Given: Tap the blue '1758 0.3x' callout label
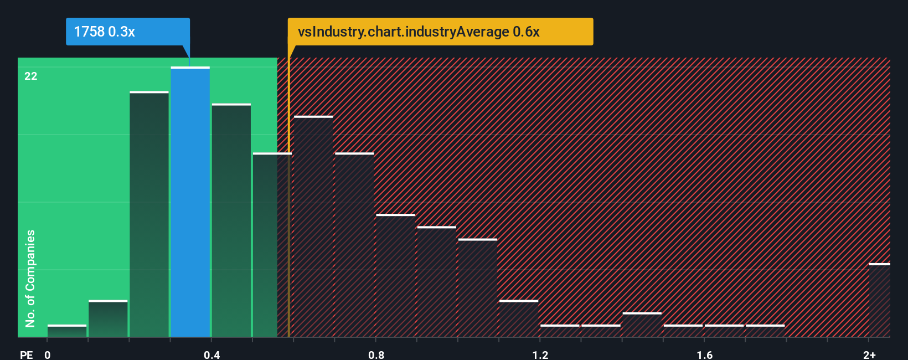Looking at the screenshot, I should click(127, 32).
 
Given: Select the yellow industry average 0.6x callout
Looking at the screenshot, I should click(440, 32).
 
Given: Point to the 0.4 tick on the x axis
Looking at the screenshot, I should click(211, 354).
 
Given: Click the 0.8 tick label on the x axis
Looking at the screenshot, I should click(376, 354).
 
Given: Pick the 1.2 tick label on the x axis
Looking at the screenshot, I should click(540, 354).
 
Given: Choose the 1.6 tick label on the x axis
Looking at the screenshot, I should click(704, 354).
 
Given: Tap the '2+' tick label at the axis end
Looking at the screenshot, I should click(869, 354).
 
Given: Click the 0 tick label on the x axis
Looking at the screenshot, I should click(48, 354).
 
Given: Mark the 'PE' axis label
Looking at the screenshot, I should click(27, 354).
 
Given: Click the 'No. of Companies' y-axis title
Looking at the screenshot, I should click(30, 278).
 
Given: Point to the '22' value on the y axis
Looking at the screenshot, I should click(31, 76).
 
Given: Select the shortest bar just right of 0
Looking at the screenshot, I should click(67, 331).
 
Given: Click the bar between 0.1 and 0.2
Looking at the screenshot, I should click(108, 318).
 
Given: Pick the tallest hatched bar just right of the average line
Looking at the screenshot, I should click(313, 227).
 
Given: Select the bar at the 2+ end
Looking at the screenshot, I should click(879, 300).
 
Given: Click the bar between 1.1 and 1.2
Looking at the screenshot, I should click(519, 318).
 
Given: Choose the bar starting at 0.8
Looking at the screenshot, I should click(395, 275).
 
